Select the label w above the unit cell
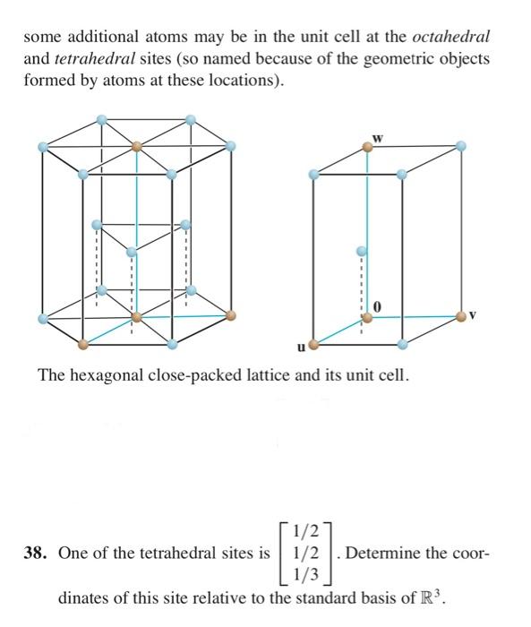(377, 137)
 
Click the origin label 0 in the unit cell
(378, 308)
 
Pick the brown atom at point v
(460, 315)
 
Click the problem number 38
(38, 553)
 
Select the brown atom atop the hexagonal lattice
(137, 145)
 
